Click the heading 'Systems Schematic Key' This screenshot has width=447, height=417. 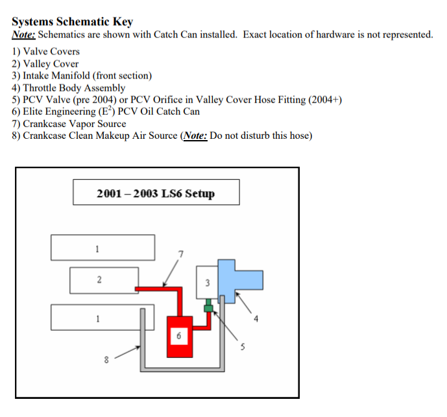click(x=72, y=21)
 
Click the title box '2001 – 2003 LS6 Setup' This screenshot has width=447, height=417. click(x=156, y=193)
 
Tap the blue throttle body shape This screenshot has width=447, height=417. click(x=241, y=276)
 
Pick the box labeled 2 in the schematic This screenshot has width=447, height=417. click(x=99, y=280)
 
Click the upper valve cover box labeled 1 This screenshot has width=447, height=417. click(x=103, y=247)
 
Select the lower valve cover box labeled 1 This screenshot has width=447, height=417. click(x=97, y=318)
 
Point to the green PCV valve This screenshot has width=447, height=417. click(x=209, y=306)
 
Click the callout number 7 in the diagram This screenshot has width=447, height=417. click(x=181, y=252)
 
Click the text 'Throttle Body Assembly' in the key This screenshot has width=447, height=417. click(x=74, y=88)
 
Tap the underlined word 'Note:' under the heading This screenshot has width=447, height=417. click(x=23, y=34)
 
